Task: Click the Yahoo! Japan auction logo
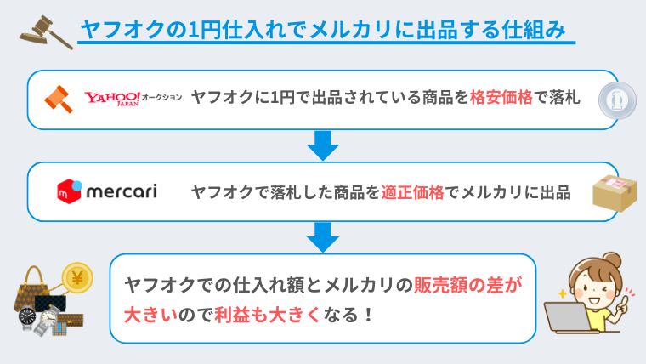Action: tap(133, 100)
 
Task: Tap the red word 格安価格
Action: tap(502, 99)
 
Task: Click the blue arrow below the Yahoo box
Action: tap(323, 145)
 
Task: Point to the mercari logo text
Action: tap(119, 191)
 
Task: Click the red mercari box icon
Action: tap(69, 191)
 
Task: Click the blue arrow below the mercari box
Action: tap(323, 236)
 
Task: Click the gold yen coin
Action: tap(77, 278)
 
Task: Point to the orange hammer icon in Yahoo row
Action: tap(61, 99)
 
